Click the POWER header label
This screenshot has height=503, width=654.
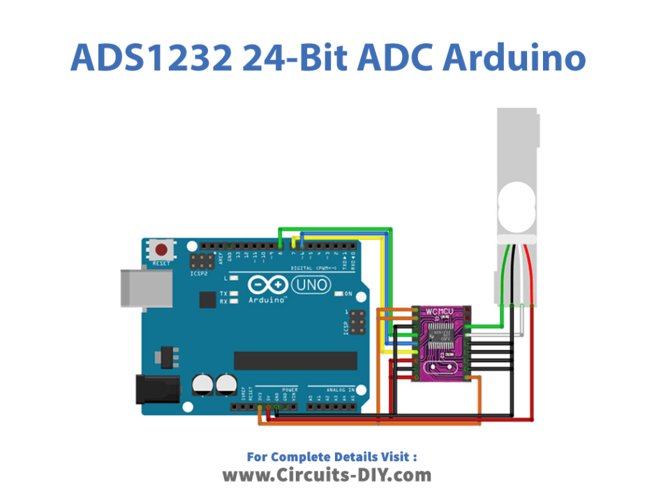coord(289,390)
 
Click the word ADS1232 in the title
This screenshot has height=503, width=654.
coord(151,59)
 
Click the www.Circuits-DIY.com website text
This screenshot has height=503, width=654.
coord(327,476)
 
